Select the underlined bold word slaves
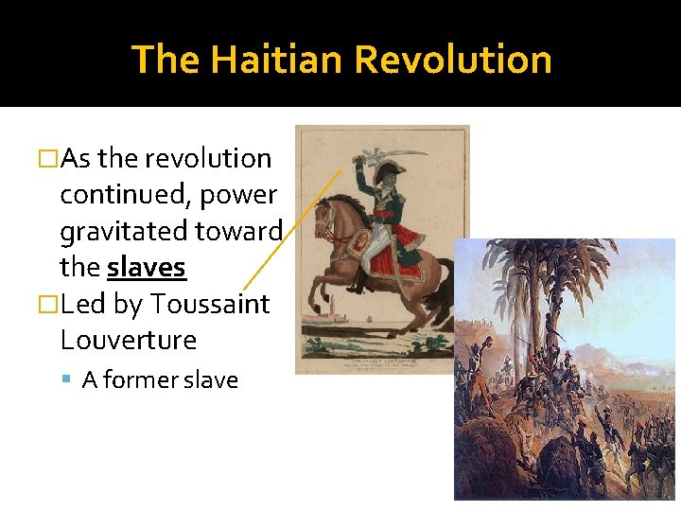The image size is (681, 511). pyautogui.click(x=147, y=268)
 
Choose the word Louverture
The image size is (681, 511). pyautogui.click(x=128, y=341)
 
